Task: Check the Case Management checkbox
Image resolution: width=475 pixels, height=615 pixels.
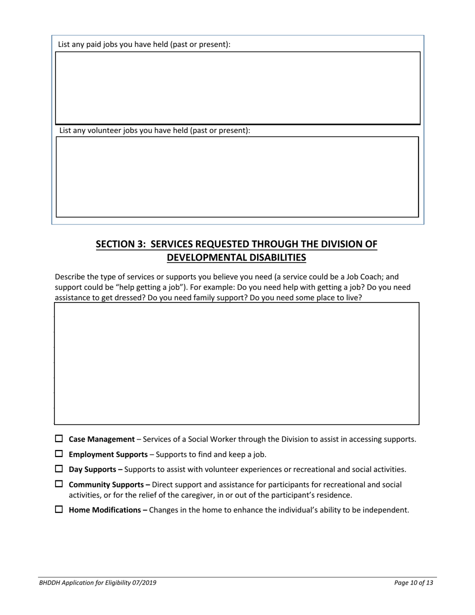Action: click(59, 439)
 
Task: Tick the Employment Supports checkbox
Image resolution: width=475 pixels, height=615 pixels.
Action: click(59, 454)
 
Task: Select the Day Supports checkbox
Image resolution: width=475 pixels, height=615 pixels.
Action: click(59, 469)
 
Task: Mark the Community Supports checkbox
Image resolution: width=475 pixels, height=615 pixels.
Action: click(59, 484)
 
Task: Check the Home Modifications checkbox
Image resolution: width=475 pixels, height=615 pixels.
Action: click(59, 509)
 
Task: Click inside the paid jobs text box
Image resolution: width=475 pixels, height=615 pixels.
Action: click(237, 87)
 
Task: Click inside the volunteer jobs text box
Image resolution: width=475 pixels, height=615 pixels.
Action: click(237, 176)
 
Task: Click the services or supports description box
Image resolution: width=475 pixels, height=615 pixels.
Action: click(236, 363)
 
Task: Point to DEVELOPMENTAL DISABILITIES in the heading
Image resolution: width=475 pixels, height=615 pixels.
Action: click(236, 257)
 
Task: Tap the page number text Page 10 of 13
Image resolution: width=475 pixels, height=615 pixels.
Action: click(413, 582)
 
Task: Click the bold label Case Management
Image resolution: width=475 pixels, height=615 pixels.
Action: click(101, 439)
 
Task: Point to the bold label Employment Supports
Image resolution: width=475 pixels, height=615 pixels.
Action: click(108, 454)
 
